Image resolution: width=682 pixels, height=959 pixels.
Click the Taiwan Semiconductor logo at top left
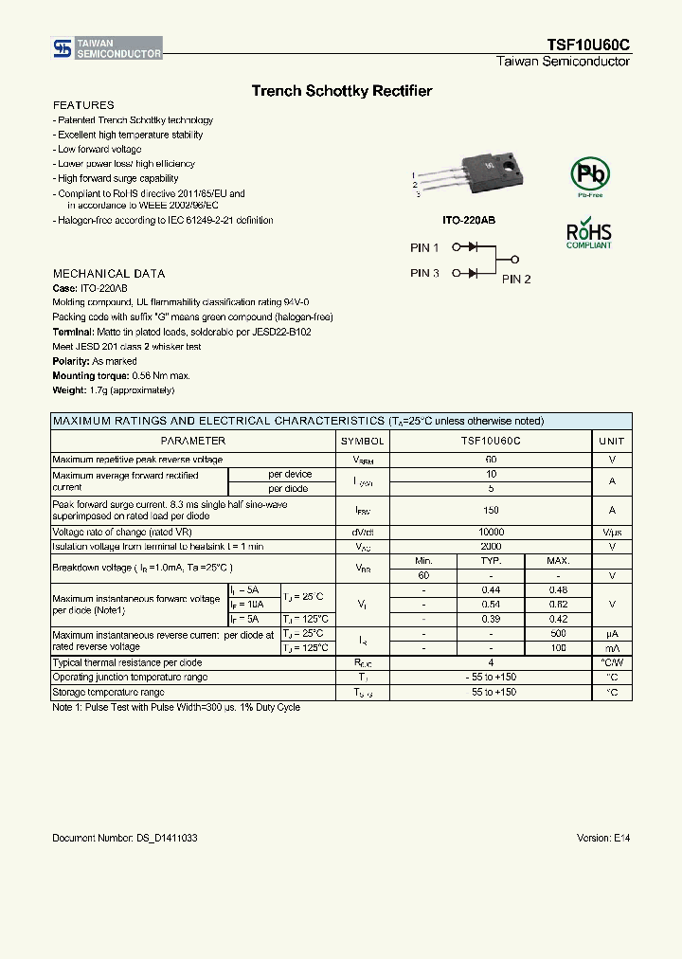click(106, 48)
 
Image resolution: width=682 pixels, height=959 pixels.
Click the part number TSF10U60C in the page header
click(587, 45)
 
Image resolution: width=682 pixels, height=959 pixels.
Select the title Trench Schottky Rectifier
click(341, 91)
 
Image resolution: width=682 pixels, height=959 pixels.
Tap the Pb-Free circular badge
click(589, 175)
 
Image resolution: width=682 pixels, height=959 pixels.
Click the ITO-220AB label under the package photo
click(469, 220)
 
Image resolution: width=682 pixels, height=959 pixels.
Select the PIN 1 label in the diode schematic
click(424, 247)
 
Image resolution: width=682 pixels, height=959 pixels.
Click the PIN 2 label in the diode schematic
click(516, 279)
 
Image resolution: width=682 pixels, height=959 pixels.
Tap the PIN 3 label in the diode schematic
click(424, 273)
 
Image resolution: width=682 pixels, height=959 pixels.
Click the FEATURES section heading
click(83, 105)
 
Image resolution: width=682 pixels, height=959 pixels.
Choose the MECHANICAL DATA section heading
click(109, 274)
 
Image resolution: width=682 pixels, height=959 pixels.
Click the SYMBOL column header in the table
click(362, 441)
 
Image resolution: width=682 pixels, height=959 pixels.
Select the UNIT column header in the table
click(612, 441)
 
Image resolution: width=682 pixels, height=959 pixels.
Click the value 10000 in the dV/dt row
click(491, 533)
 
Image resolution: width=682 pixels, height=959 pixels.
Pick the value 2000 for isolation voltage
click(491, 547)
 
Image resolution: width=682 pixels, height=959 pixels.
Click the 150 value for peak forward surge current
click(491, 510)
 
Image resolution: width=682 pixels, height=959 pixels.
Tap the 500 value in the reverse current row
click(558, 633)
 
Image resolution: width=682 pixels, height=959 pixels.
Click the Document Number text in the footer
click(125, 839)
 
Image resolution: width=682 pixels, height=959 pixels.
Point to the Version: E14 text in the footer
click(602, 839)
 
